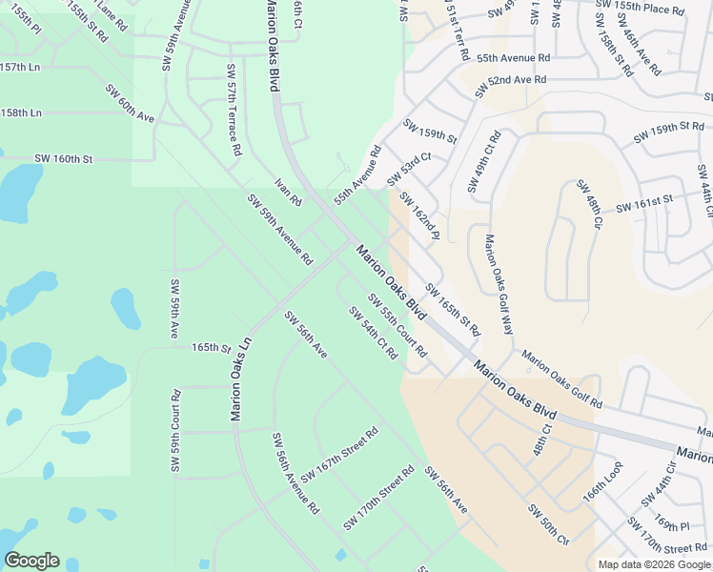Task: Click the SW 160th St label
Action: [63, 158]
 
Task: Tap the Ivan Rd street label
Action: [288, 192]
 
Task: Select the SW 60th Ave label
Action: [130, 104]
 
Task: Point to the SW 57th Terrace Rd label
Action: [233, 111]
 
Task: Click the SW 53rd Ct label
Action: [409, 169]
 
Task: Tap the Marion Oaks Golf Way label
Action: [499, 284]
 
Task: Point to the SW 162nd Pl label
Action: [418, 216]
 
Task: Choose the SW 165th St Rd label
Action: [453, 309]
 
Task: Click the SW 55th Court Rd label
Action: [396, 324]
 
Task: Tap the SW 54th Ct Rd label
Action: [373, 333]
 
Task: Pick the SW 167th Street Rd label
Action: [339, 455]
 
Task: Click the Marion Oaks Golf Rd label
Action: [561, 379]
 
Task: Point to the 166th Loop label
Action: [601, 502]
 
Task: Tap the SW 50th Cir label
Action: [547, 519]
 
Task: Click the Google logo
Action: [31, 561]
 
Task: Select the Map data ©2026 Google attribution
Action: [653, 564]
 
